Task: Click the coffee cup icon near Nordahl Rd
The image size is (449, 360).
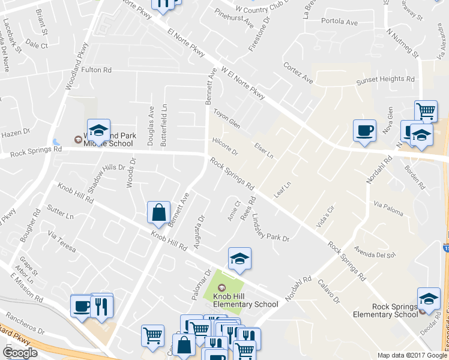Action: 365,131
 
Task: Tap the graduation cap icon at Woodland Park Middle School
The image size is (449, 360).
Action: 98,130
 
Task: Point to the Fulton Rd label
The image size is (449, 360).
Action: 97,70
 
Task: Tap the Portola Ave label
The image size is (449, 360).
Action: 340,22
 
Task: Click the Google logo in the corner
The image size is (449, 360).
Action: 20,352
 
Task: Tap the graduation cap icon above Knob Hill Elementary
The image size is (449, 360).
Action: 240,259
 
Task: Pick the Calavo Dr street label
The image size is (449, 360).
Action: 329,291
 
